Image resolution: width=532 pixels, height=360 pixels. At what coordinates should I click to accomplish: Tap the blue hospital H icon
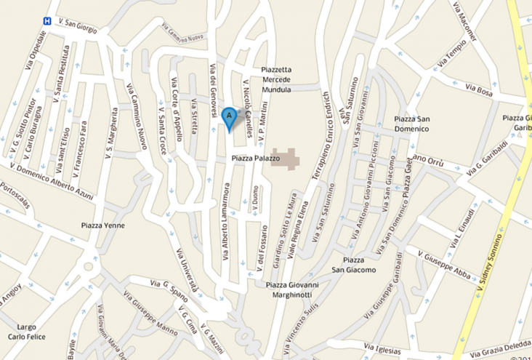[x=47, y=21]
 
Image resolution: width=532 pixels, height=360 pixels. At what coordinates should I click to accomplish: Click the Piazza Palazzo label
[x=255, y=158]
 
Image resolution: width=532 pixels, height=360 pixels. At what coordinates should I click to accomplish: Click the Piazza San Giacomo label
[x=354, y=265]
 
